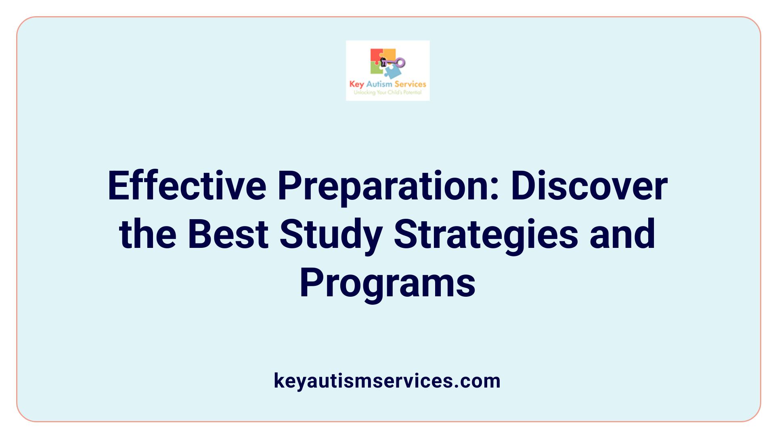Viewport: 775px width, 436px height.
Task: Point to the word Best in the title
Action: coord(228,234)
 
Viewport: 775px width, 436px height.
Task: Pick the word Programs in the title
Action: coord(387,283)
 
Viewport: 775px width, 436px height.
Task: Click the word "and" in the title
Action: coord(622,234)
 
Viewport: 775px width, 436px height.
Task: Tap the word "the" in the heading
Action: coord(148,234)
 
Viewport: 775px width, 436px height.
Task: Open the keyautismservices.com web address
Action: coord(387,381)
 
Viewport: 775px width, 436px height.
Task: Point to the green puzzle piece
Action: coord(376,69)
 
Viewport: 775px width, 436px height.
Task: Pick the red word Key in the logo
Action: coord(357,84)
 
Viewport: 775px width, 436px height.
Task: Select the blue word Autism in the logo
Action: coord(379,84)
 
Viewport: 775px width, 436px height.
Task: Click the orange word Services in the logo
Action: coord(410,84)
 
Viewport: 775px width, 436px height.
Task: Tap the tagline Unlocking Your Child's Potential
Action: coord(387,92)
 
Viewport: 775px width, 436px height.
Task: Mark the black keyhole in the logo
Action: coord(383,62)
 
